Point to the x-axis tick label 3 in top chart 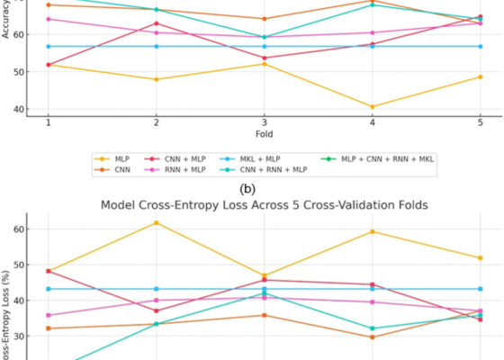264,121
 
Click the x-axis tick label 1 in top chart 48,121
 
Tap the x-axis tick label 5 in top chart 480,121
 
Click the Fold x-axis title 264,133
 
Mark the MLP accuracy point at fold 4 372,106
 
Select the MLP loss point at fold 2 156,222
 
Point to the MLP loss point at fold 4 372,231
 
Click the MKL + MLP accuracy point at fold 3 264,46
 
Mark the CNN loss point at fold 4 372,337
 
